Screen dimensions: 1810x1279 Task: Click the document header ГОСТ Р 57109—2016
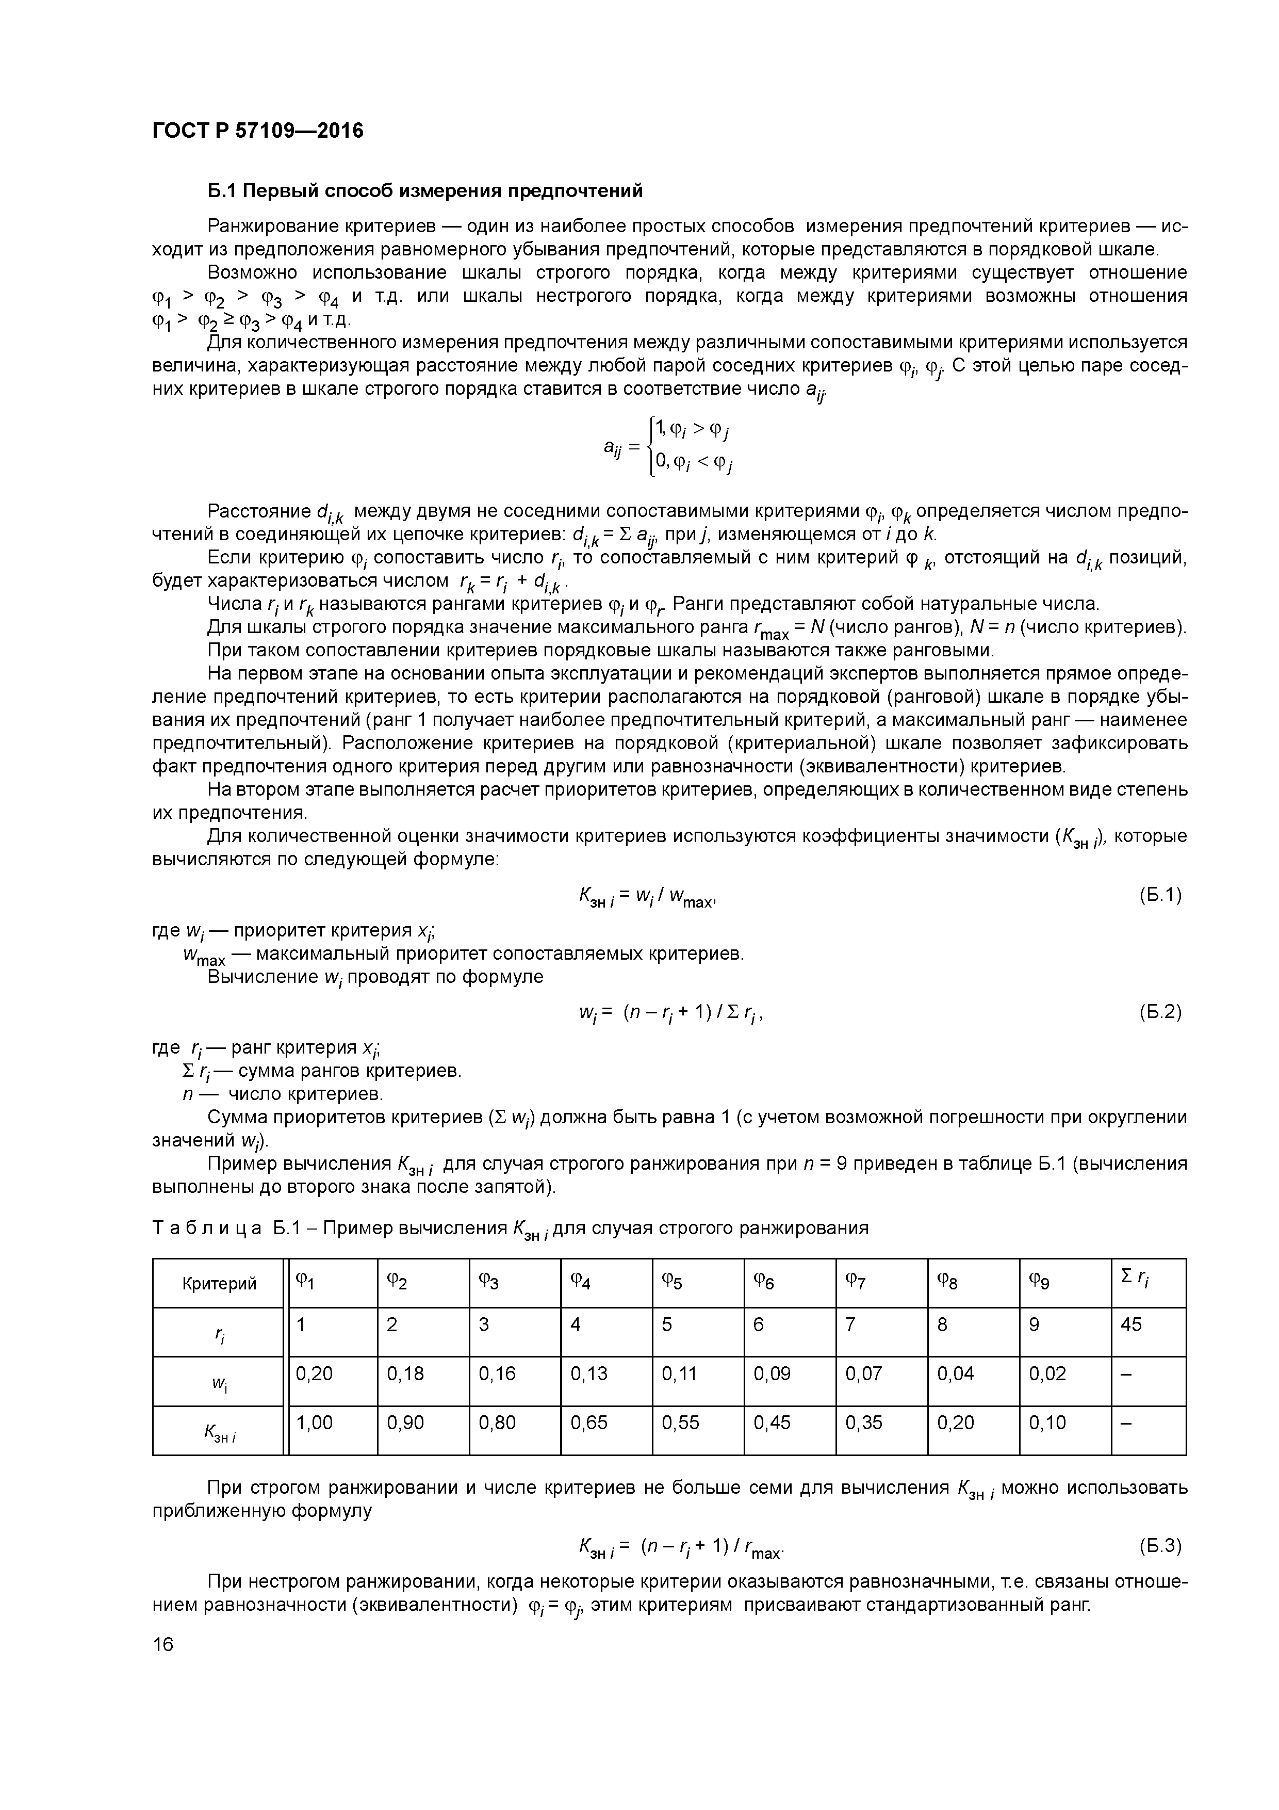pyautogui.click(x=258, y=131)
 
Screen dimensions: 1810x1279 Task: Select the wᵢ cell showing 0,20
pyautogui.click(x=314, y=1373)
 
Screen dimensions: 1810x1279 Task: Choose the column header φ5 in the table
pyautogui.click(x=671, y=1283)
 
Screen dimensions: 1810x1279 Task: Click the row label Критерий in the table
pyautogui.click(x=219, y=1283)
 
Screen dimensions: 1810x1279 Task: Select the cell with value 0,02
pyautogui.click(x=1047, y=1373)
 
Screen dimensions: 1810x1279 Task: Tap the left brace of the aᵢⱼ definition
pyautogui.click(x=649, y=447)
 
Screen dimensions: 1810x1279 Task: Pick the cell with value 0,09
pyautogui.click(x=772, y=1373)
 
